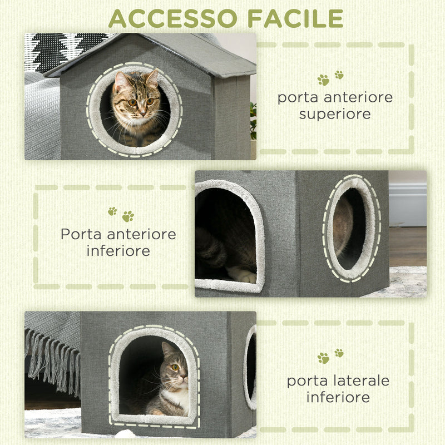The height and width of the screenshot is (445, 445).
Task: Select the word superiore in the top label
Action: click(x=335, y=114)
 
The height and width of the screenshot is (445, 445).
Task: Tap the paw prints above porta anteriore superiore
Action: click(x=330, y=78)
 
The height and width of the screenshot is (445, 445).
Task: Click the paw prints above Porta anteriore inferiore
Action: click(x=121, y=214)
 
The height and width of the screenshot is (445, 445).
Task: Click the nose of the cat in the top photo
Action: click(x=140, y=111)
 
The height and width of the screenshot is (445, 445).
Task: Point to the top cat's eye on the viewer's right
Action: click(x=150, y=102)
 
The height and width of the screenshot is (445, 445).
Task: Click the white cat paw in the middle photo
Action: click(x=244, y=274)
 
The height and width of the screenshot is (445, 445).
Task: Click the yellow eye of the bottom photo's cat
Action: click(x=175, y=368)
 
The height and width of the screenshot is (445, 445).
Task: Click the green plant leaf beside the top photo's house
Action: click(x=253, y=120)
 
